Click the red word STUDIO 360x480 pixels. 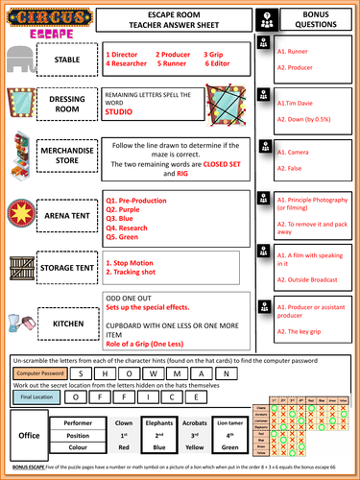tap(119, 112)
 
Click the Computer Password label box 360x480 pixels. tap(39, 372)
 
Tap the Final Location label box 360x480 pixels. tap(37, 396)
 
